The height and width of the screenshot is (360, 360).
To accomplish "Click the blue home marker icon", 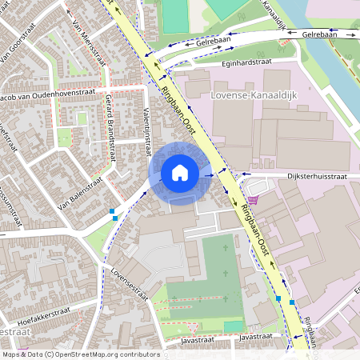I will [180, 172].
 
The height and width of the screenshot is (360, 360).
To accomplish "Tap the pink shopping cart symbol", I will [254, 200].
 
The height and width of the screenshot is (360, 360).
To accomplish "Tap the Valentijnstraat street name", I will [147, 132].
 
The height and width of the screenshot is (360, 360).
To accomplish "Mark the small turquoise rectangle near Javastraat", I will [232, 326].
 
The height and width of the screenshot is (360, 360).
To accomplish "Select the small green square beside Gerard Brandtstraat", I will [82, 118].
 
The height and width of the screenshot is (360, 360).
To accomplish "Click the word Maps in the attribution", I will [11, 354].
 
